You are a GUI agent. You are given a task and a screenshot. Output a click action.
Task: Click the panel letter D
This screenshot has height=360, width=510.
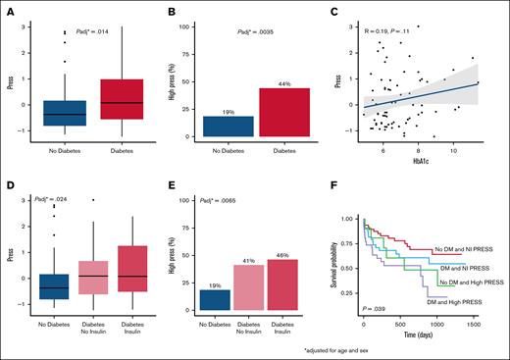coord(9,185)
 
